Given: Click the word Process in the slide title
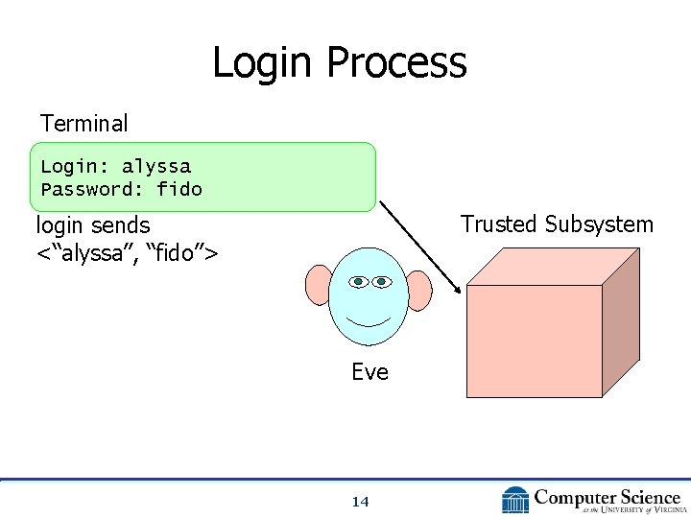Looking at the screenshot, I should [396, 63].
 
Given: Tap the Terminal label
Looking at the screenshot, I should [83, 124].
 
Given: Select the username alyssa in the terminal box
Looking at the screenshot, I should [156, 166].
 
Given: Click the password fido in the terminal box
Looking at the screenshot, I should [179, 189].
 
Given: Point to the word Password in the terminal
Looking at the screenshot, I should [85, 189].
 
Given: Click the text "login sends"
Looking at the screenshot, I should [93, 226].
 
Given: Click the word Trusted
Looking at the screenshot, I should [498, 224].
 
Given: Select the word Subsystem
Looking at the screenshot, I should [599, 224].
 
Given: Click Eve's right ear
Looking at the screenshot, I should [419, 289].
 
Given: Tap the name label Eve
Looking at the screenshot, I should [369, 372].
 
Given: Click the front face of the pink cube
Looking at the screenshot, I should [534, 341].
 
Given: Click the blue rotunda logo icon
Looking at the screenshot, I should [515, 500].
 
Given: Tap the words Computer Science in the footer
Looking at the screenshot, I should [608, 497].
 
